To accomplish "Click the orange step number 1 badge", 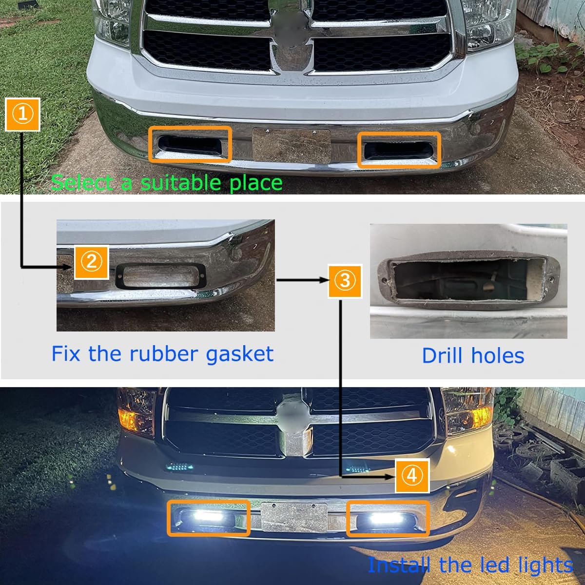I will coord(22,114).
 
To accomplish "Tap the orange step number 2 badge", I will coord(91,262).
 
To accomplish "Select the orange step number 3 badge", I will coord(345,281).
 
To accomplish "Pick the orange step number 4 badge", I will coord(412,475).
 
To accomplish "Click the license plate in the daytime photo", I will coord(291,146).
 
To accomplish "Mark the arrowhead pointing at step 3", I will coord(323,280).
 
